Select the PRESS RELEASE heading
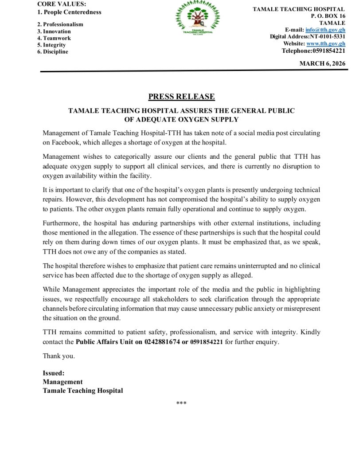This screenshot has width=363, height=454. click(x=181, y=97)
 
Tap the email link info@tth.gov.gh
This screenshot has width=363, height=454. click(x=325, y=30)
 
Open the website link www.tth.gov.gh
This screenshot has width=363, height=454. click(x=326, y=43)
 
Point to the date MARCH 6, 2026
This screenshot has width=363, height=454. click(x=322, y=64)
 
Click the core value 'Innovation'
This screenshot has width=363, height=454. click(x=57, y=31)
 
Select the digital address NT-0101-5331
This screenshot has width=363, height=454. click(x=324, y=36)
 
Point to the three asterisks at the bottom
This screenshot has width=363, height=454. click(x=181, y=403)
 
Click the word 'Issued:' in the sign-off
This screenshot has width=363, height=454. click(x=54, y=373)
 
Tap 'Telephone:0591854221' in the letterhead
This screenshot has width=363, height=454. click(x=313, y=51)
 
